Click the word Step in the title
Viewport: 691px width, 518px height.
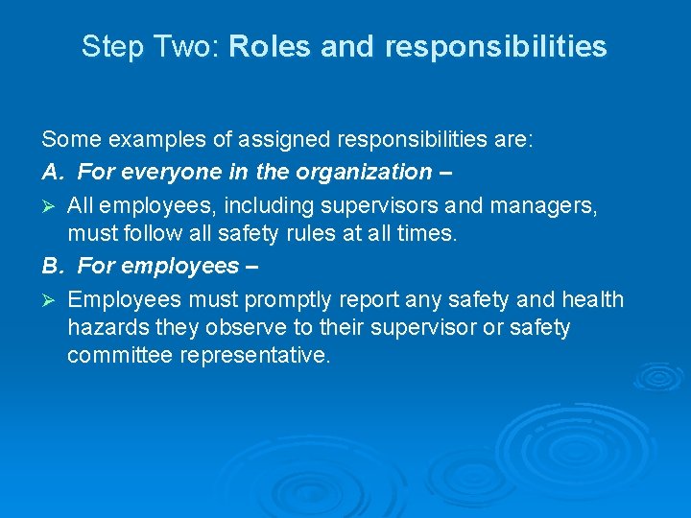click(x=106, y=47)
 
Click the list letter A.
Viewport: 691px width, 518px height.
click(x=51, y=172)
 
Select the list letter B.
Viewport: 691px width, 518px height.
click(x=51, y=265)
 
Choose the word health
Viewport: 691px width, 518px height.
click(x=592, y=299)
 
